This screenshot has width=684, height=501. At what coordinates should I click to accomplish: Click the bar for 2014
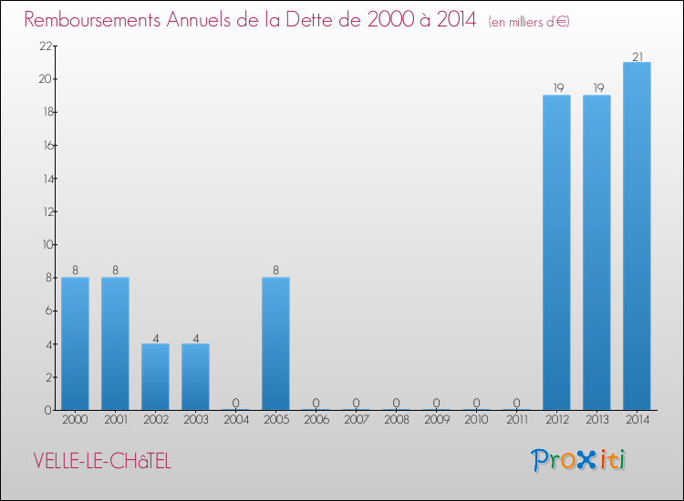(x=637, y=237)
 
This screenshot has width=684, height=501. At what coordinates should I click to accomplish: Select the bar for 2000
(x=75, y=343)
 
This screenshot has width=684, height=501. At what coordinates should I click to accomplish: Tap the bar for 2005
(x=275, y=343)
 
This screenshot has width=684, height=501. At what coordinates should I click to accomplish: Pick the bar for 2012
(x=556, y=253)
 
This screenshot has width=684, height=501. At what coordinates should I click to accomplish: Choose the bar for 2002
(x=155, y=376)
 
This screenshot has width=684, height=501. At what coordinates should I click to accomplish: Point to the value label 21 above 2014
(x=637, y=56)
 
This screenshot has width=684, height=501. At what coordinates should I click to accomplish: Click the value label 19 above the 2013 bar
(x=596, y=89)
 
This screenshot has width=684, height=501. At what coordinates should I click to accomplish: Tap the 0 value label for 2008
(x=396, y=403)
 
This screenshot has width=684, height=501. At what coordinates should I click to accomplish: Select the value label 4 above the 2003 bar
(x=195, y=338)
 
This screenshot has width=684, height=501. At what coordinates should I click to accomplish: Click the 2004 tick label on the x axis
(x=235, y=421)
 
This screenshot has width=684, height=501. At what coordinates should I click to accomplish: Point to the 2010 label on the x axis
(x=476, y=421)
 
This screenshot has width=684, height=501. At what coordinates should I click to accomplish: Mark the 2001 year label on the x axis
(x=115, y=421)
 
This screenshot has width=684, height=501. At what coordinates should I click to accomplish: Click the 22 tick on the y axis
(x=44, y=46)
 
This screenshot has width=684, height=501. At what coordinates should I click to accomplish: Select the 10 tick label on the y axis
(x=44, y=245)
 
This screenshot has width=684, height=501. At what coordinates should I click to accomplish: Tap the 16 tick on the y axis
(x=44, y=146)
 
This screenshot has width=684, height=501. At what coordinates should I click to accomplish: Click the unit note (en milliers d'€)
(x=529, y=22)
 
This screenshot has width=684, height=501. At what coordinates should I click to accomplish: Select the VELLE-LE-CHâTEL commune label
(x=101, y=461)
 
